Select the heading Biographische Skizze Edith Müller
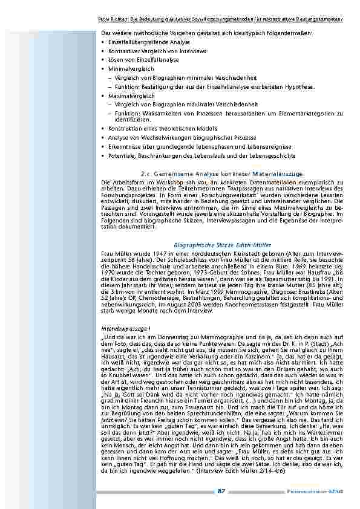coord(222,244)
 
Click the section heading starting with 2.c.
coord(221,173)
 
